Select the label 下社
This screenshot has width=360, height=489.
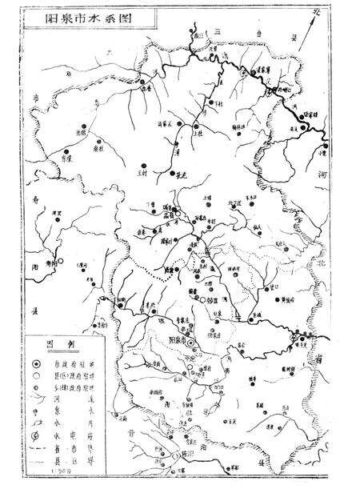coord(212,103)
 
